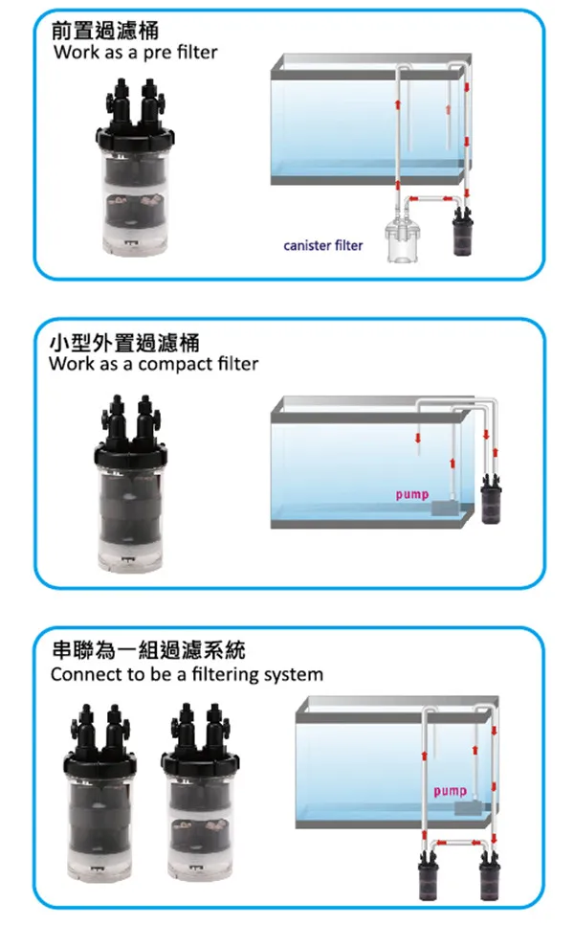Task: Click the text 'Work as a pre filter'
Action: [x=136, y=52]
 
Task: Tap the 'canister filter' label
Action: [x=323, y=246]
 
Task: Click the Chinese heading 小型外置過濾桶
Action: [x=123, y=342]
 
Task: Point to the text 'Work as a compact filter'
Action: [x=153, y=365]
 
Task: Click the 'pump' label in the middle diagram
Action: [x=411, y=495]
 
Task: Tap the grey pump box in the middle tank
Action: [x=442, y=508]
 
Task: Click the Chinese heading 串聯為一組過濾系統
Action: [x=147, y=651]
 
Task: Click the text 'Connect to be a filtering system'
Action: [x=187, y=675]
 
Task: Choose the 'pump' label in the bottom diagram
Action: [x=450, y=792]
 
